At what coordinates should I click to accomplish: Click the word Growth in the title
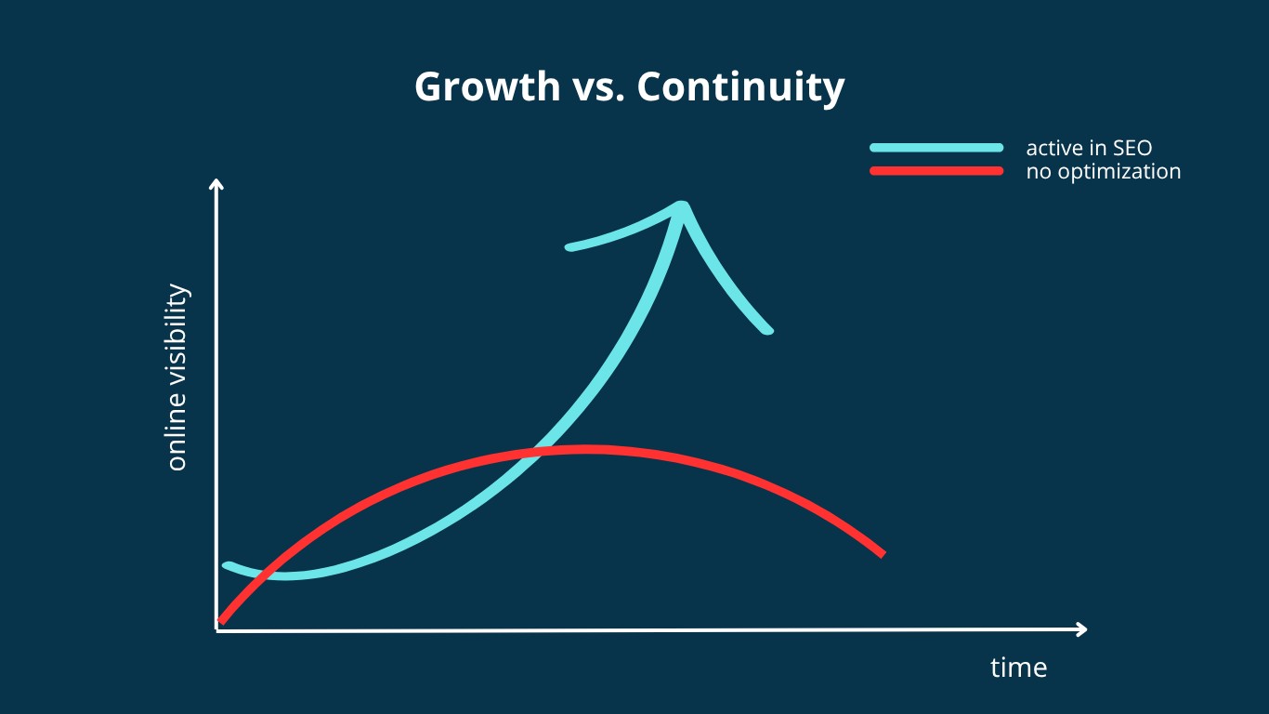[487, 86]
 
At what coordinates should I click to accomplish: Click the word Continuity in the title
[741, 88]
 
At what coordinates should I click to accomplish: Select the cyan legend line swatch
[936, 148]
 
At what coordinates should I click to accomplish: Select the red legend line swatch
[936, 171]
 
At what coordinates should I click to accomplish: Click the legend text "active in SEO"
[1089, 148]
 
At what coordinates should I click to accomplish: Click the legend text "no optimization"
[1104, 172]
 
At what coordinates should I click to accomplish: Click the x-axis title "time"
[1018, 668]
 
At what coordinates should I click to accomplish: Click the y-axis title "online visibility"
[177, 377]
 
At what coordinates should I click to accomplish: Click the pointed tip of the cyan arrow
[683, 205]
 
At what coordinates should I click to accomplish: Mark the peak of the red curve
[583, 450]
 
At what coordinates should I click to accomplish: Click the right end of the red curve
[882, 554]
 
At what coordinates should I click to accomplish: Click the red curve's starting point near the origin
[221, 621]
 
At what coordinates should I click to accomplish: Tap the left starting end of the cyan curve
[226, 566]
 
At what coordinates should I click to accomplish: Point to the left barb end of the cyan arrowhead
[569, 246]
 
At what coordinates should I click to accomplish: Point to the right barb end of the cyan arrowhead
[768, 330]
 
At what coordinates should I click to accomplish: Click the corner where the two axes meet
[216, 630]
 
